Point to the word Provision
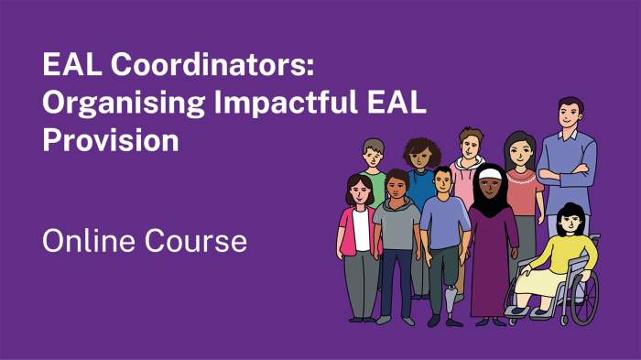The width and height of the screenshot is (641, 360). click(110, 140)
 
